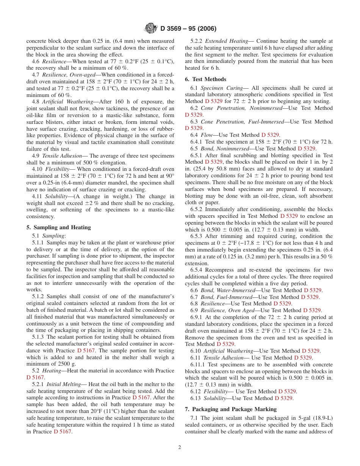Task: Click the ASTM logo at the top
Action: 151,28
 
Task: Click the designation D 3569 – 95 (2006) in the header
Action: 188,29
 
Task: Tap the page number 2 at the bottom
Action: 180,447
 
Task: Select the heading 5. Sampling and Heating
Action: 58,227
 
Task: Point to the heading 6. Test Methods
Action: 205,79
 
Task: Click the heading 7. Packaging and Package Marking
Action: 230,409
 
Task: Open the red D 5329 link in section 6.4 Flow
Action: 270,135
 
